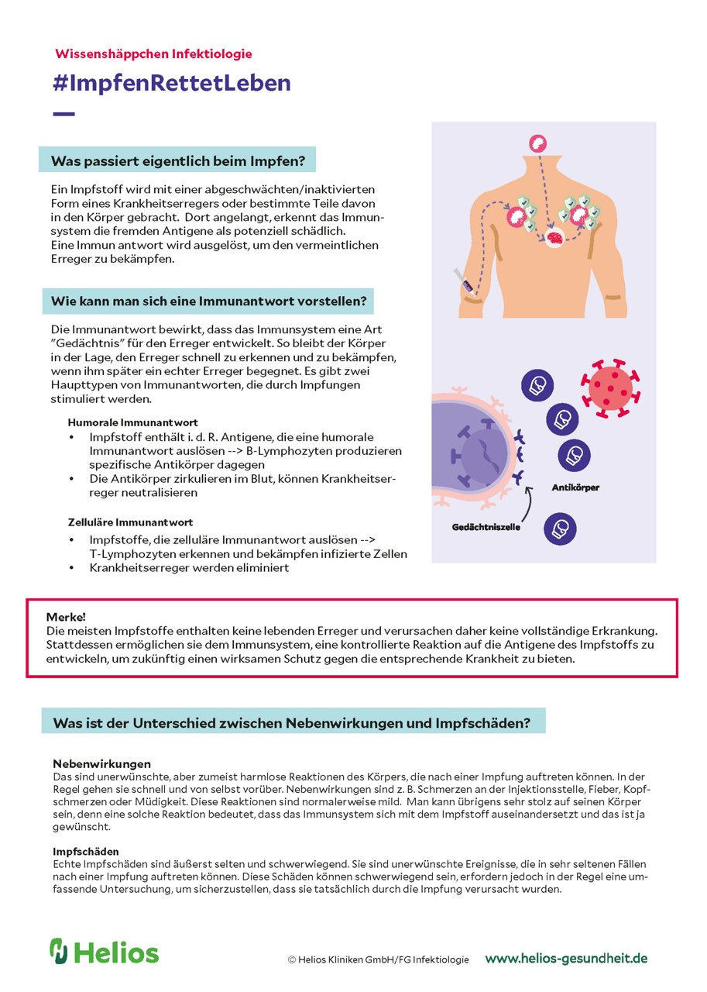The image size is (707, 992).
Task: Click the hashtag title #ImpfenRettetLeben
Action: tap(172, 83)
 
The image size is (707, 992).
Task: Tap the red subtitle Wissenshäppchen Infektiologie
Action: tap(153, 53)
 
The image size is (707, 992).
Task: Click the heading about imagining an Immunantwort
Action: tap(208, 300)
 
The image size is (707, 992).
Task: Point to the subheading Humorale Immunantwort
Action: tap(132, 422)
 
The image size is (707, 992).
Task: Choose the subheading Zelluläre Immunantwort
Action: tap(130, 522)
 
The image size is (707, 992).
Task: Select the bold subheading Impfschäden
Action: tap(85, 852)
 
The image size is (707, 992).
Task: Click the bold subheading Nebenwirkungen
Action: tap(101, 763)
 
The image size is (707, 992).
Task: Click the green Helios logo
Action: tap(104, 952)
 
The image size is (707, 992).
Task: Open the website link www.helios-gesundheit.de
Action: tap(566, 959)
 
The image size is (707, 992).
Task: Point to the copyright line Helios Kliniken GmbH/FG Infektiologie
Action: tap(378, 959)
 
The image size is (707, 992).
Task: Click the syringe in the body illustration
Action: tap(464, 279)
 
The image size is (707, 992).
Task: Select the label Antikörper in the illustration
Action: tap(575, 488)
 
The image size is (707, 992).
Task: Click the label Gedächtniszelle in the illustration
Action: tap(486, 527)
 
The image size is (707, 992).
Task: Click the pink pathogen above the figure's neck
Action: tap(537, 143)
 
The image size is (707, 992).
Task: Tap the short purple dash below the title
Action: tap(63, 114)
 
